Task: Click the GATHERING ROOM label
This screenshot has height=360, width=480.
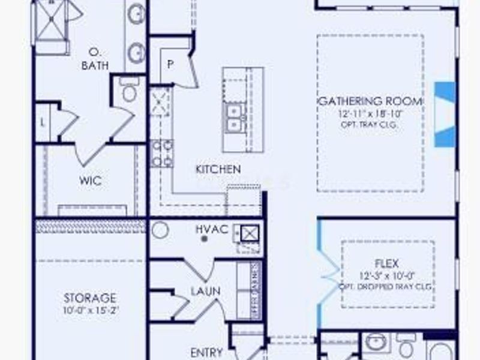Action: point(370,101)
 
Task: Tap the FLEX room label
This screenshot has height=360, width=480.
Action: point(387,263)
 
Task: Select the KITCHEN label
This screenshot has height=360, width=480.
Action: point(218,170)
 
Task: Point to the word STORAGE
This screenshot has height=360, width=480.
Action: point(90,298)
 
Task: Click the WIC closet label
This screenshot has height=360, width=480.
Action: point(90,179)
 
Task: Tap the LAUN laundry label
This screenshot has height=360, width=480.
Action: point(206,291)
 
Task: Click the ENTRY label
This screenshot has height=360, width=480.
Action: point(206,352)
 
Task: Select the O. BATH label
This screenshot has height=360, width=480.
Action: point(95,58)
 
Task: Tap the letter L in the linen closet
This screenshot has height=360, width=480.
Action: point(42,122)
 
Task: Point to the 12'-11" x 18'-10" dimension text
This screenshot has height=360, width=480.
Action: point(370,113)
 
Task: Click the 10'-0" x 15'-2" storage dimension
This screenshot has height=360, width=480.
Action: point(90,311)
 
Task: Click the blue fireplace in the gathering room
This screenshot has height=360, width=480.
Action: point(445,114)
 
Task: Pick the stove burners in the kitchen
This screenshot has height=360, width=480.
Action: point(161,153)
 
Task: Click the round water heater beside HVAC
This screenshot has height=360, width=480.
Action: point(160,230)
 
